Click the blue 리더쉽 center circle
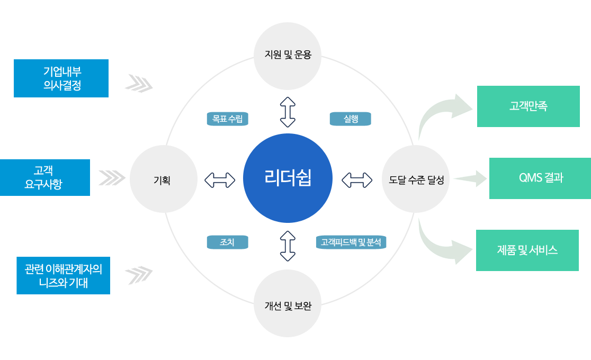(x=288, y=178)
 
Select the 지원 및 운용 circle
(x=288, y=56)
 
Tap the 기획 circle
(x=164, y=179)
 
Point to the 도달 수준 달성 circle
(x=416, y=179)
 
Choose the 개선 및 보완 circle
(x=288, y=303)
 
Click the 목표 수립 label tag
(x=228, y=119)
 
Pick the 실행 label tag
(x=351, y=119)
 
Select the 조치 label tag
(x=228, y=242)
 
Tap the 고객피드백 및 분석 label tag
(x=351, y=242)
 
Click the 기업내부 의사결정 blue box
(x=61, y=78)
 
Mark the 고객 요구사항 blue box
(x=45, y=177)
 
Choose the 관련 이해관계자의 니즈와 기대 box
(x=64, y=276)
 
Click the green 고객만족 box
(x=529, y=106)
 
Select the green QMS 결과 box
(x=540, y=178)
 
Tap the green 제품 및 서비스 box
(x=527, y=250)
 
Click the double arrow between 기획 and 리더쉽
(x=220, y=180)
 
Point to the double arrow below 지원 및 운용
(x=288, y=112)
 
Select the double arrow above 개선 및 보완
(x=288, y=246)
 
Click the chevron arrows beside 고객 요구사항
(x=112, y=178)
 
